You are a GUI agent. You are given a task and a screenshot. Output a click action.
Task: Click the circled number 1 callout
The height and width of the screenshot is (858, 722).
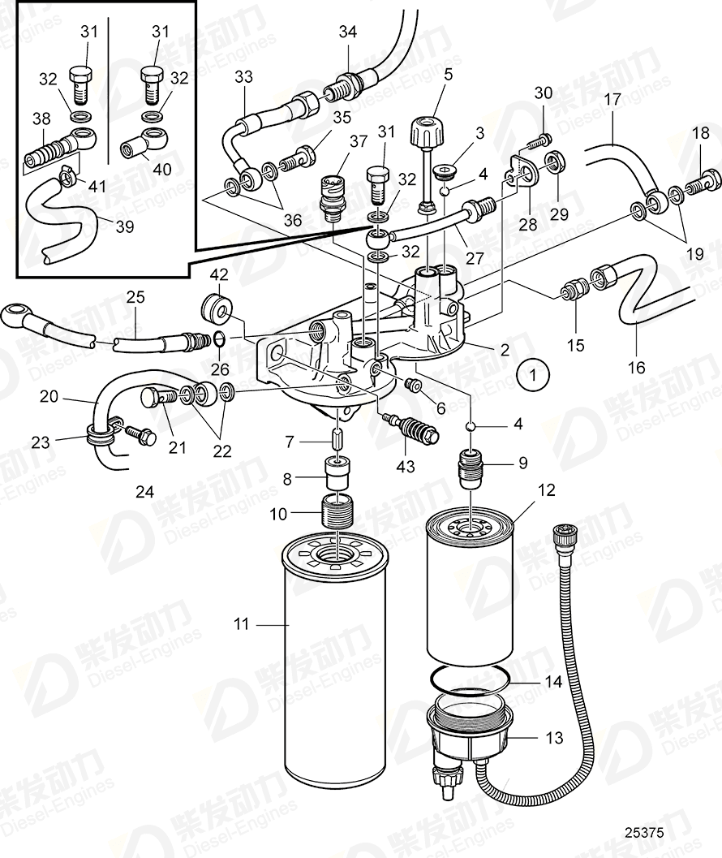(x=533, y=376)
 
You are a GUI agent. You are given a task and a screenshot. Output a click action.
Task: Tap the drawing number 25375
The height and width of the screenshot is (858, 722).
(x=645, y=832)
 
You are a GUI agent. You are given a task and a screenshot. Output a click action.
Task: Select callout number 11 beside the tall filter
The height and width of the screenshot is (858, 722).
(x=241, y=624)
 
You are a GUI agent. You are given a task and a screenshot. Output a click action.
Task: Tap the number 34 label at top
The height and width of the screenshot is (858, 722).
(x=347, y=32)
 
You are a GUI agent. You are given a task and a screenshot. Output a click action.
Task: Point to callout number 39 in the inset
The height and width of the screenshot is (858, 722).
(x=124, y=226)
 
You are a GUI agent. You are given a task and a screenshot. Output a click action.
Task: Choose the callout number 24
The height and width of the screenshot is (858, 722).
(x=144, y=490)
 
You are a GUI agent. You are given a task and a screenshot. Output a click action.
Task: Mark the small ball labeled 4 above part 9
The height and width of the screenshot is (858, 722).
(x=470, y=426)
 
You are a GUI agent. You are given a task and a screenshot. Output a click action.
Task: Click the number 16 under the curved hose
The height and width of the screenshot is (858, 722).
(x=637, y=368)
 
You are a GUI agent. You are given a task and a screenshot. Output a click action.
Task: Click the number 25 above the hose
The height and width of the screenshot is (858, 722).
(x=135, y=297)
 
